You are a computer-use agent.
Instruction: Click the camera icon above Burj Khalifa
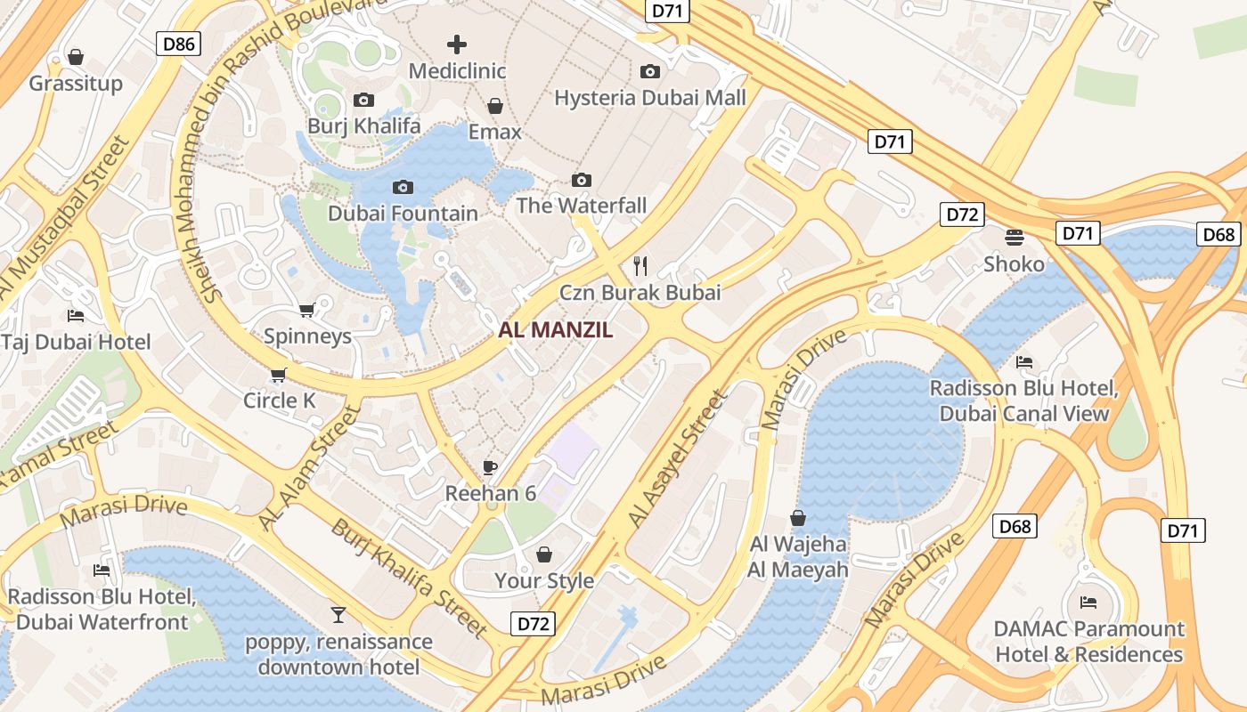click(x=363, y=101)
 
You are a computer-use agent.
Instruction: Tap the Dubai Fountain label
click(x=403, y=214)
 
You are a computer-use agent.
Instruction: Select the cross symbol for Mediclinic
click(x=457, y=44)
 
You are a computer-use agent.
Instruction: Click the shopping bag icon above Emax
click(x=495, y=107)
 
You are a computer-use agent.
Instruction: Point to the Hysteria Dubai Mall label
click(x=650, y=97)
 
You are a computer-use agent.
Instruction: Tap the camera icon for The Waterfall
click(x=582, y=181)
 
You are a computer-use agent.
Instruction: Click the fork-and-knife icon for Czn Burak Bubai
click(x=640, y=264)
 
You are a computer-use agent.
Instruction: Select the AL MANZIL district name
click(x=556, y=330)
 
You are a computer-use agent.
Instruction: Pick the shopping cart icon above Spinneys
click(x=307, y=311)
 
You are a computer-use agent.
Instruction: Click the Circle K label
click(x=280, y=400)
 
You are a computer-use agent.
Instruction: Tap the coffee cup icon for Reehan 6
click(x=489, y=467)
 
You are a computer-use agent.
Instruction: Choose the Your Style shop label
click(x=544, y=580)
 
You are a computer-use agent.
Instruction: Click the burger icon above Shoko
click(x=1014, y=238)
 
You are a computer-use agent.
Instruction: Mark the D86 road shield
click(x=178, y=44)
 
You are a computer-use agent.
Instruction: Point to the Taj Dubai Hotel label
click(x=76, y=342)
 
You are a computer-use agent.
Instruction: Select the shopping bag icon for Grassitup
click(x=76, y=57)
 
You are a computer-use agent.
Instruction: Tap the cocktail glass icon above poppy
click(x=338, y=614)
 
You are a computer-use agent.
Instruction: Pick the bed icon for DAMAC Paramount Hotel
click(x=1088, y=603)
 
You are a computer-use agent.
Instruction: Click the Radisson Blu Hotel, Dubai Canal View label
click(x=1024, y=400)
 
